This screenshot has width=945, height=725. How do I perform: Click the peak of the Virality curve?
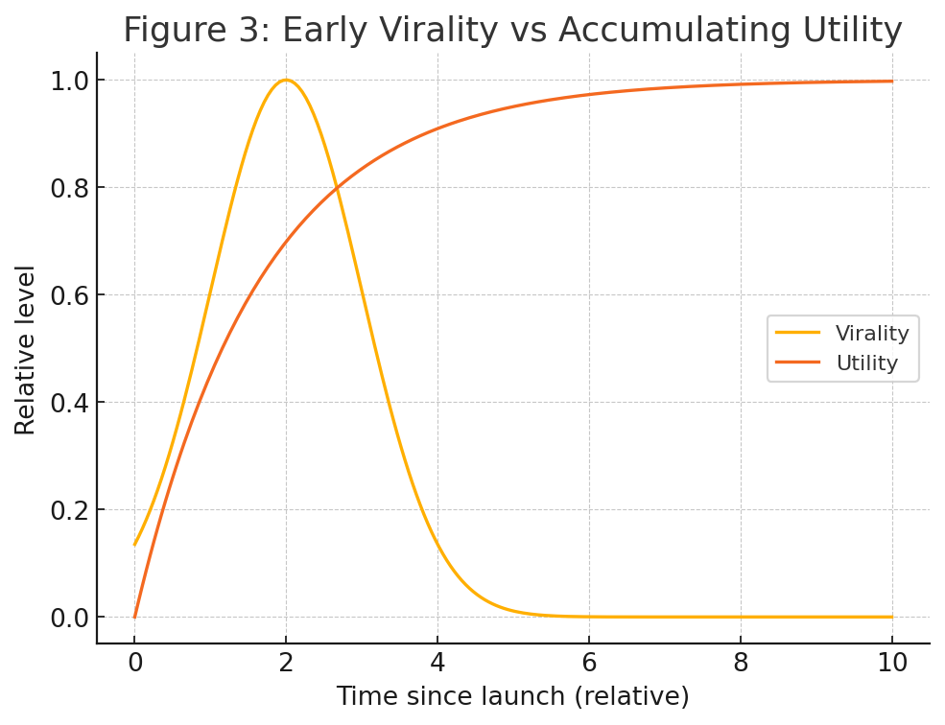point(286,81)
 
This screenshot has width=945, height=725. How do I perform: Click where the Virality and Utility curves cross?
point(337,187)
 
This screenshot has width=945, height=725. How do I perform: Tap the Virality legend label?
point(872,334)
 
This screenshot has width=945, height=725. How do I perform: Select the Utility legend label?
point(866,362)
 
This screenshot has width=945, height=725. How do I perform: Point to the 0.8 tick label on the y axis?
point(69,189)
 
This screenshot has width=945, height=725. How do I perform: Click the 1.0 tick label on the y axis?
point(69,82)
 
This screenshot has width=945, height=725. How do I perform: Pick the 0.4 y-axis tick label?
point(69,403)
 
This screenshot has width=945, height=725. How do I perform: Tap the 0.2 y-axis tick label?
point(69,510)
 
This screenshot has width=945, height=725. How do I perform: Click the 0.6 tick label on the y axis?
point(69,296)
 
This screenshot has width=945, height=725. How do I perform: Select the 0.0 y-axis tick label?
point(69,619)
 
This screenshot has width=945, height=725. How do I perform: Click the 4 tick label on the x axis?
point(437,663)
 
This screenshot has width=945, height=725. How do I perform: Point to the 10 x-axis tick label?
point(892,663)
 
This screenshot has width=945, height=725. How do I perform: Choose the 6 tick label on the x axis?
point(589,663)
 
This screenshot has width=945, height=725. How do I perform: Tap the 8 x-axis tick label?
point(741,663)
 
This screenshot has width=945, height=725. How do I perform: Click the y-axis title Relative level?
point(25,350)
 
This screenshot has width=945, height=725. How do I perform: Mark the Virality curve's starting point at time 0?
point(134,545)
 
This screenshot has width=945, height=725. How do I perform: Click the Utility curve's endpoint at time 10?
point(892,81)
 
